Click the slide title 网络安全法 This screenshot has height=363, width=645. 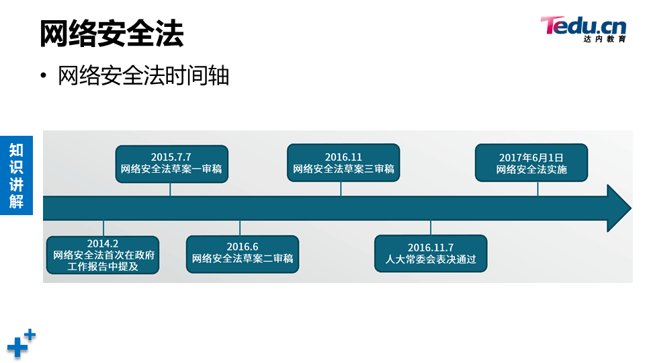[111, 34]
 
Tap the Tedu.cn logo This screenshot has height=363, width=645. [583, 29]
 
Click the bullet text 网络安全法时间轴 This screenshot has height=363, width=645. [144, 76]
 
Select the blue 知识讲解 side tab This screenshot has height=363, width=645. [16, 175]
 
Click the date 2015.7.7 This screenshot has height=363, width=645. [171, 157]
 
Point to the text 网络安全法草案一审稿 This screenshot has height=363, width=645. [171, 169]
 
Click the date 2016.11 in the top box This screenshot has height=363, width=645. [343, 157]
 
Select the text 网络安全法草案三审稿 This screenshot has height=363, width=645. [343, 169]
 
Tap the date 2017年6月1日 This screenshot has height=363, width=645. [531, 157]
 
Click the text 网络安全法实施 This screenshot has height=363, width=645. [531, 169]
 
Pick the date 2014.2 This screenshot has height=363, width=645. [103, 243]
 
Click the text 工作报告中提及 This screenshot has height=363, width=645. [103, 267]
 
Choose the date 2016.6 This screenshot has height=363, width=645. [243, 247]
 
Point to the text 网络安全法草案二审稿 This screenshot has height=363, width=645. [243, 259]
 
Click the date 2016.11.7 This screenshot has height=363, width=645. [431, 247]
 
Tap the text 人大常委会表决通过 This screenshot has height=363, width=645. [431, 259]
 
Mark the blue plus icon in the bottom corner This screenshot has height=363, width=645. [20, 344]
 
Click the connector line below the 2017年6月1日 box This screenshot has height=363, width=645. [537, 188]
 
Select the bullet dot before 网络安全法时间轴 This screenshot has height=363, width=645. [44, 76]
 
